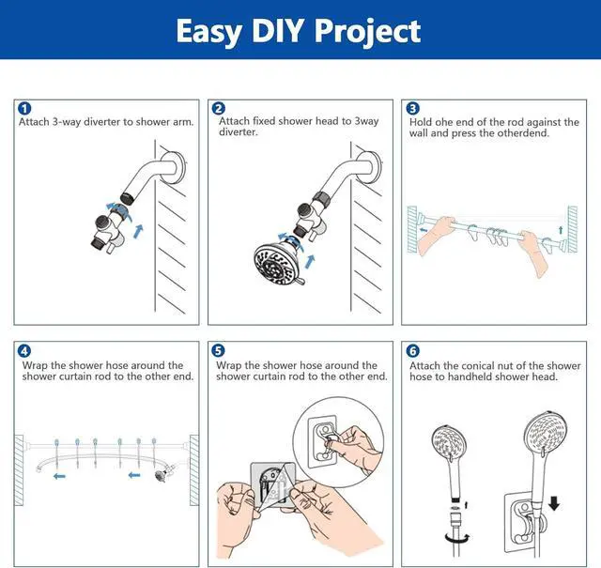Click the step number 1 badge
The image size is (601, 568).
click(23, 109)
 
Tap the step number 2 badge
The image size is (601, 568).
click(218, 109)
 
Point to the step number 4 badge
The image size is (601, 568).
click(23, 351)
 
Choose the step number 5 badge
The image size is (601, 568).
click(218, 351)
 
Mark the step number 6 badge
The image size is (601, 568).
click(413, 351)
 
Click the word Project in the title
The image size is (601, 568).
click(367, 31)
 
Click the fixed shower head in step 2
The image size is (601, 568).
click(277, 259)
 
